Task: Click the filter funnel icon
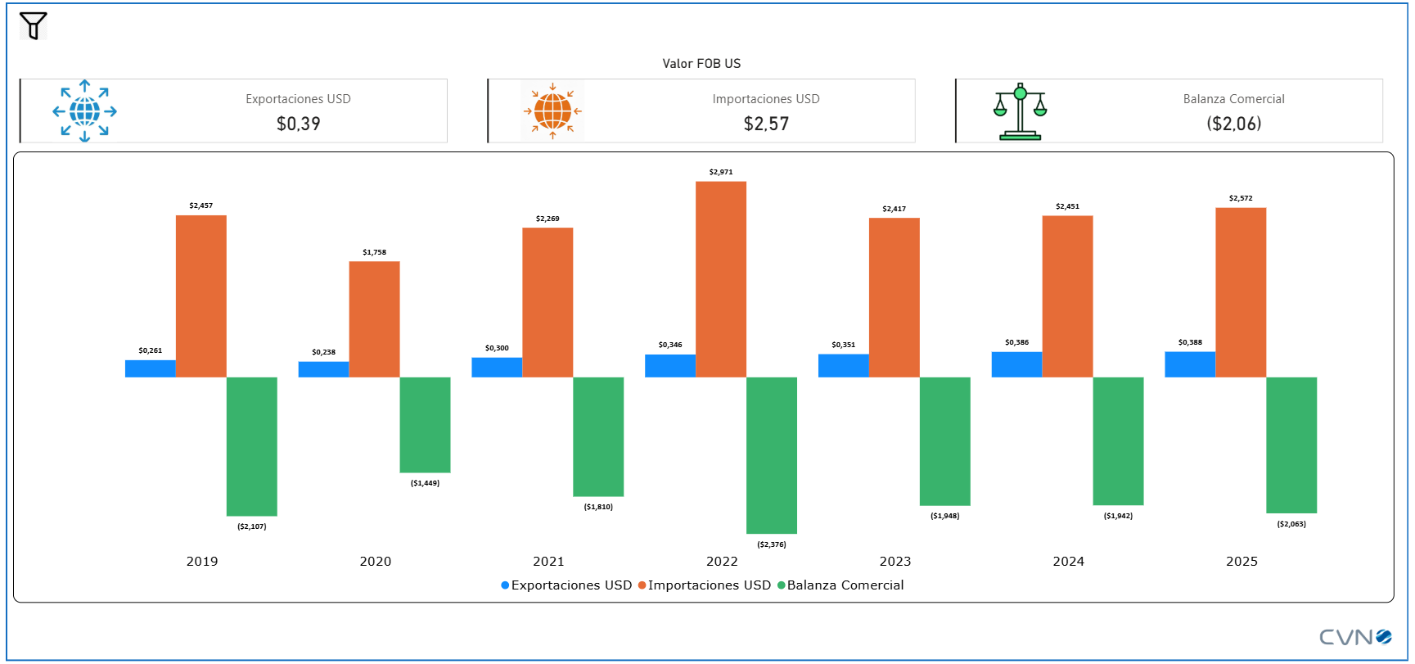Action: click(34, 25)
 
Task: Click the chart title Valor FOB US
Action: click(701, 64)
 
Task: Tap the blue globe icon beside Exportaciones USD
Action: click(84, 111)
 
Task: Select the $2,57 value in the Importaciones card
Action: click(766, 124)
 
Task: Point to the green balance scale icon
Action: click(1020, 111)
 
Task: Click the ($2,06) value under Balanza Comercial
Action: click(1233, 124)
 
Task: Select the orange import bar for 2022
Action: click(721, 279)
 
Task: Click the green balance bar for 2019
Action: click(252, 446)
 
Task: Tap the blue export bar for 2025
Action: click(1190, 364)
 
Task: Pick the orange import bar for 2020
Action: click(374, 319)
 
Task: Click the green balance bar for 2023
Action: click(944, 441)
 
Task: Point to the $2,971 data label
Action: click(721, 172)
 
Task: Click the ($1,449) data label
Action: click(425, 483)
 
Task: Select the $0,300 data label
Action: click(497, 348)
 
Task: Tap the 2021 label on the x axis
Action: click(548, 562)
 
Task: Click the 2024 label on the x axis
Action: click(1068, 562)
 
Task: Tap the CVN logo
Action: click(1354, 637)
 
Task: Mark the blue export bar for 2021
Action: click(497, 368)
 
